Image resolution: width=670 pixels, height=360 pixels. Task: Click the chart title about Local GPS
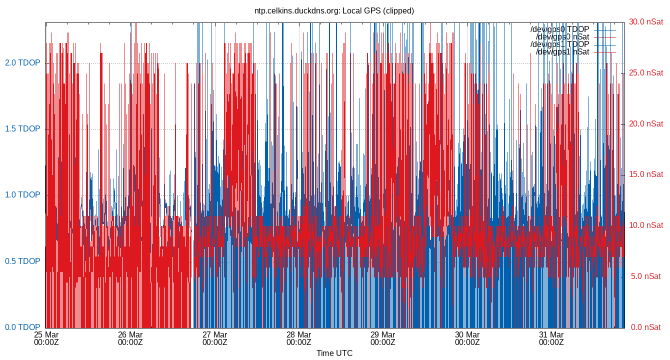click(334, 10)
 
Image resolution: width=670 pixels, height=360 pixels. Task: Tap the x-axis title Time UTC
click(334, 353)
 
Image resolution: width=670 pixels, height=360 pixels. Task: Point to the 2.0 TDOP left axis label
click(22, 63)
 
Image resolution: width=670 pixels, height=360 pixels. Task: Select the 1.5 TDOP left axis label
click(22, 129)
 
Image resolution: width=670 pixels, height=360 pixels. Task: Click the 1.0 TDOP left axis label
click(22, 195)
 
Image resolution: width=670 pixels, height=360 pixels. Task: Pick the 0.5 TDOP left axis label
click(22, 261)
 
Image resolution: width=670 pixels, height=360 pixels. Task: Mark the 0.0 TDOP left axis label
click(22, 327)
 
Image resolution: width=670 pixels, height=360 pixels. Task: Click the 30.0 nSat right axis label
click(646, 22)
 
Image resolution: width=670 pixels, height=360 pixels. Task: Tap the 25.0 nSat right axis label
click(646, 73)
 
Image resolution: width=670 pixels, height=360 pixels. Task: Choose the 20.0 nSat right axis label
click(646, 124)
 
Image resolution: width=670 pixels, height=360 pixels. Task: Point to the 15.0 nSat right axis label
click(646, 174)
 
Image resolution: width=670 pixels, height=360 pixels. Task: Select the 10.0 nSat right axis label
click(646, 225)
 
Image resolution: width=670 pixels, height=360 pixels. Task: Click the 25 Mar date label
click(46, 334)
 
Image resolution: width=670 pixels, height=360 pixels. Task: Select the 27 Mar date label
click(215, 334)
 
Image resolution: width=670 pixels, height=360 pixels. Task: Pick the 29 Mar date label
click(383, 334)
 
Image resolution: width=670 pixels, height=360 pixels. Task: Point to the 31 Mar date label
click(551, 334)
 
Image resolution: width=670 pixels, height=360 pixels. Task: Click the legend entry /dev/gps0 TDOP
click(559, 29)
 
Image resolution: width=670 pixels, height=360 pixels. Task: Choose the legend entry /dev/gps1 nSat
click(562, 52)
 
